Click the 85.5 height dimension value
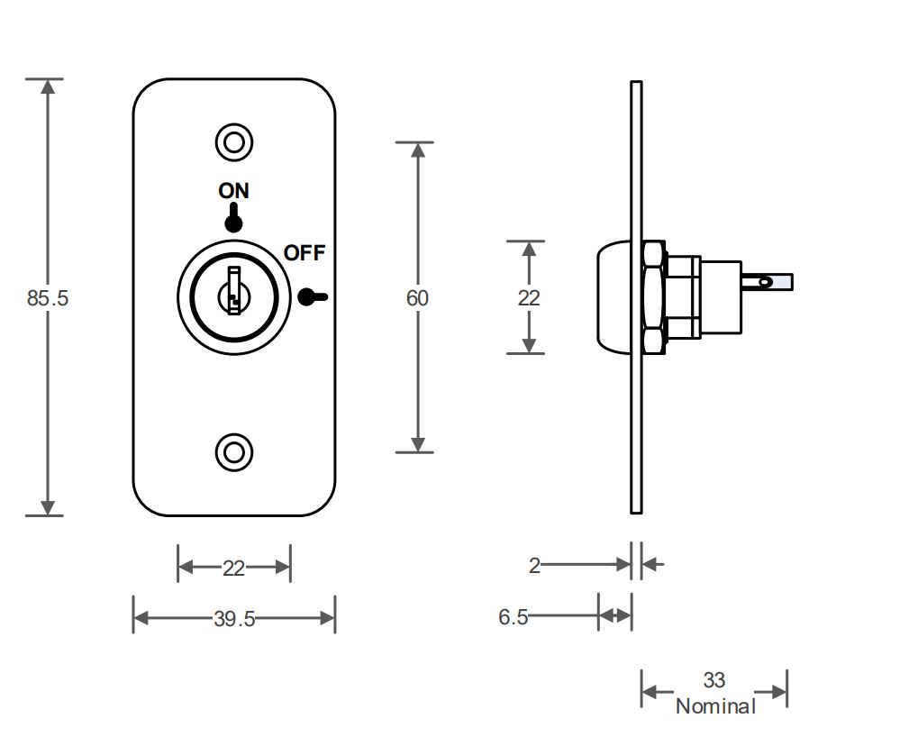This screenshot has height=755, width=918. click(47, 298)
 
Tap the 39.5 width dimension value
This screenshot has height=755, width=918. click(234, 619)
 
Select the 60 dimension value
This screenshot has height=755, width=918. click(417, 298)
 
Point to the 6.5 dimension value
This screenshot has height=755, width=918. click(513, 617)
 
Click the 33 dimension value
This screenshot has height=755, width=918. click(714, 680)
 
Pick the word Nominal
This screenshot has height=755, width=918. click(715, 705)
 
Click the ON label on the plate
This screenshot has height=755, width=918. click(233, 191)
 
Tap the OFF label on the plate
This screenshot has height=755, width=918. click(304, 253)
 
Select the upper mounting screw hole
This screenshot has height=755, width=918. click(234, 142)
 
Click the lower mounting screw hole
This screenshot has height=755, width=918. click(234, 451)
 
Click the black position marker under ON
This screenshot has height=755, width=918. click(233, 220)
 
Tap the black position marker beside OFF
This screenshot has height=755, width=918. click(311, 296)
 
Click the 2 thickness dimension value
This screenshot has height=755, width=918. click(534, 566)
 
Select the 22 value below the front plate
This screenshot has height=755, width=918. click(234, 569)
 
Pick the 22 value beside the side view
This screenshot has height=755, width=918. click(529, 298)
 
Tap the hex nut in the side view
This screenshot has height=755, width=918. click(653, 297)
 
